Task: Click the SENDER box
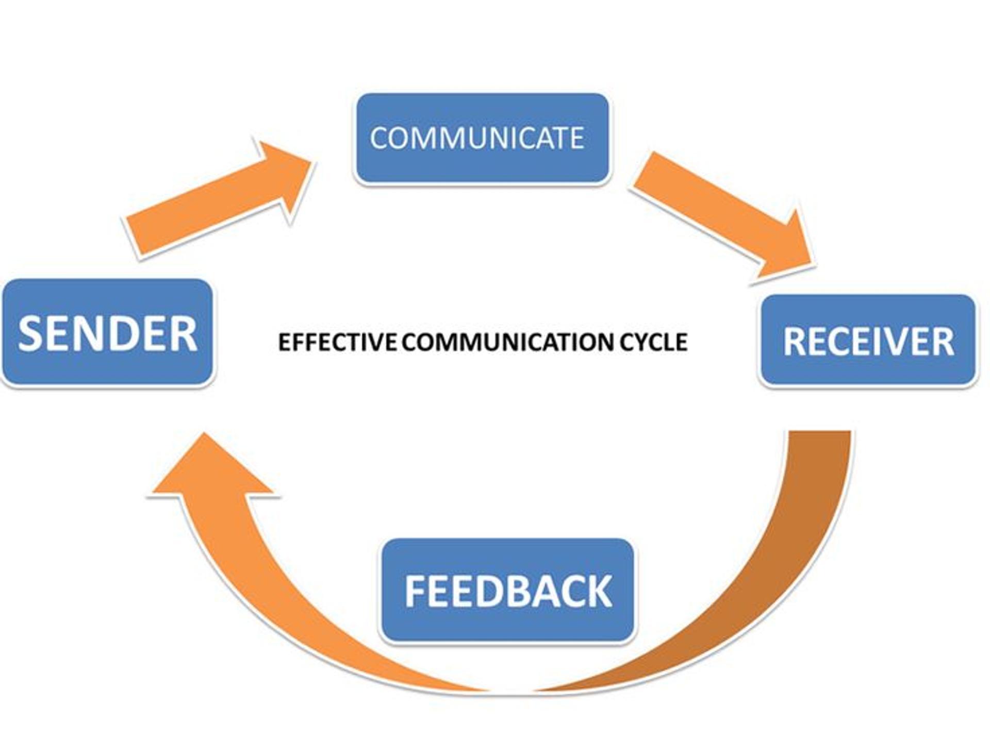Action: [x=107, y=332]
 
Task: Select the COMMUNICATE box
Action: [x=482, y=138]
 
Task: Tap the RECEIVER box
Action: [x=868, y=341]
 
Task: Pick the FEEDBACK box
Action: [x=507, y=591]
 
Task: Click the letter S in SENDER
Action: [x=30, y=333]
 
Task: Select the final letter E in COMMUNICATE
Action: [x=577, y=138]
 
